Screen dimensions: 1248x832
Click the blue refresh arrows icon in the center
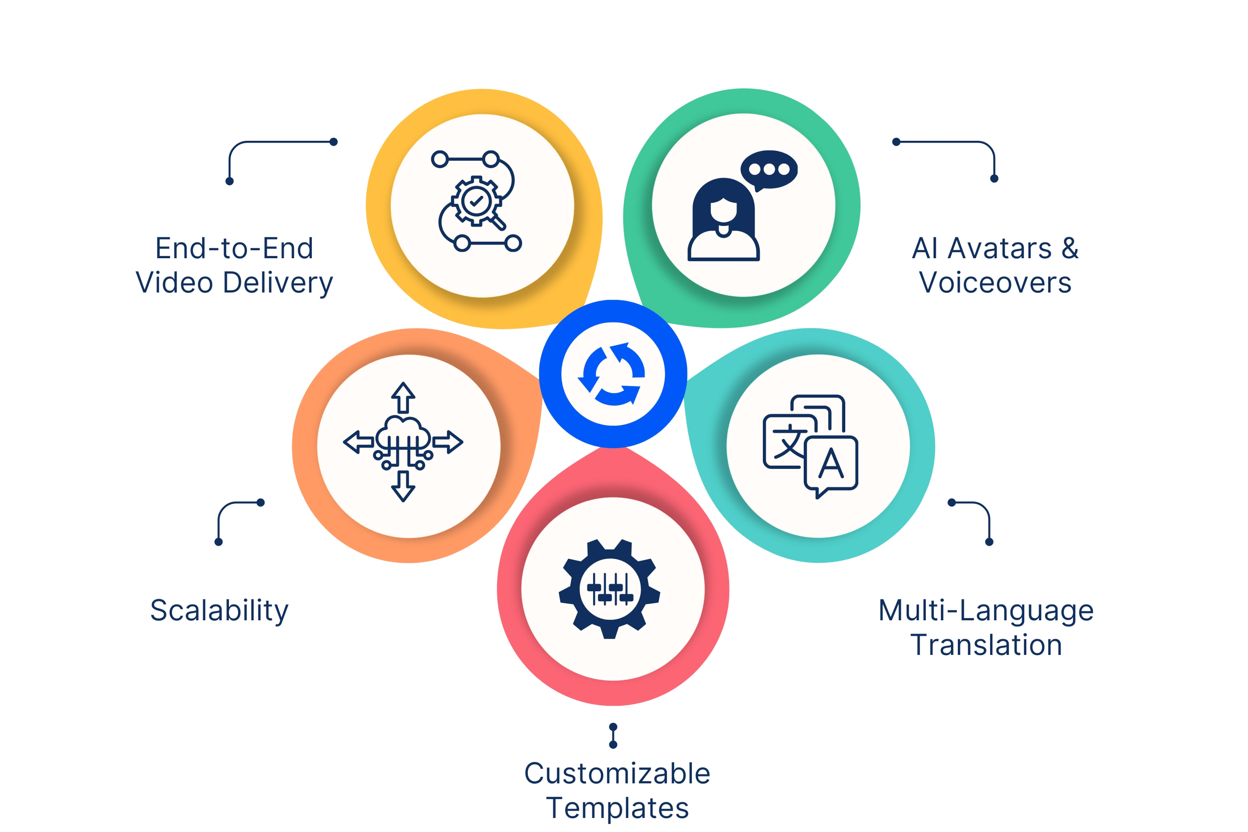click(613, 374)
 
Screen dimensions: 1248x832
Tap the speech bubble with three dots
click(769, 170)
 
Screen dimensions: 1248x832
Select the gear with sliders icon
click(610, 589)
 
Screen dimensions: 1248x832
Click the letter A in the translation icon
click(831, 463)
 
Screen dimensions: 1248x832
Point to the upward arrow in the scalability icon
click(403, 398)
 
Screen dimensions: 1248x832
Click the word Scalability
click(219, 611)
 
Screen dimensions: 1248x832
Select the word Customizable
click(617, 773)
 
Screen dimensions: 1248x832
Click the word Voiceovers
click(995, 282)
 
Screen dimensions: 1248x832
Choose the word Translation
click(986, 645)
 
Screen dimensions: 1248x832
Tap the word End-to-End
click(235, 248)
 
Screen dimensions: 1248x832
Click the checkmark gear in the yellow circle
click(476, 201)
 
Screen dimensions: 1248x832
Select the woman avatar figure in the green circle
click(723, 219)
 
